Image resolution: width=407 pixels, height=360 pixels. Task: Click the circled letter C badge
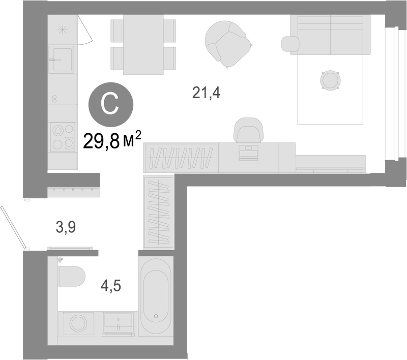(111, 105)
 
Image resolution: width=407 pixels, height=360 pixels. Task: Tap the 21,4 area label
(206, 93)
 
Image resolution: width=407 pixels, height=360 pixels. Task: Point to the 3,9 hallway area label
(66, 227)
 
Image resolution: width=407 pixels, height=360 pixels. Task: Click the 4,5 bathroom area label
(111, 286)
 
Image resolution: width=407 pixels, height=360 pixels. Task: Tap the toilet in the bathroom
(72, 277)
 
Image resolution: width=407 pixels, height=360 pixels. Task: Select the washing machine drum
(78, 323)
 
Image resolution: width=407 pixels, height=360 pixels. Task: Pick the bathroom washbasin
(119, 322)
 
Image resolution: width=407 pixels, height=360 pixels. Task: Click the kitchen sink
(62, 59)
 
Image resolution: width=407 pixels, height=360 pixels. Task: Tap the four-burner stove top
(63, 137)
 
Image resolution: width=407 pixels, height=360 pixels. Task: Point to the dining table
(143, 45)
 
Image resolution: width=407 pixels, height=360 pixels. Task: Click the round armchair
(227, 44)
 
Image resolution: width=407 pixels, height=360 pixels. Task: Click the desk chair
(248, 130)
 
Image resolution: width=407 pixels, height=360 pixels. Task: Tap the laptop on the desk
(248, 153)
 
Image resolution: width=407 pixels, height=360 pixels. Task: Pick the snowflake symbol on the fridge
(63, 30)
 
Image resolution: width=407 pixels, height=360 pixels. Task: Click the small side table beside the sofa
(290, 44)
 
